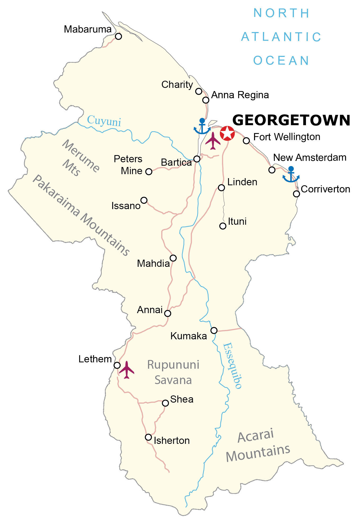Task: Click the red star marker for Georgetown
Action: (227, 133)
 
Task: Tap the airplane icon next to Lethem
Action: (127, 369)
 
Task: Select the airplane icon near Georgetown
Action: (213, 141)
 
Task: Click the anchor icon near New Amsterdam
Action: (291, 175)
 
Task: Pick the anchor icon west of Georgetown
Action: (202, 127)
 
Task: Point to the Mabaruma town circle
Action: (118, 36)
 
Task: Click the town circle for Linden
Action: (221, 188)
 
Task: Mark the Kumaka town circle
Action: (214, 330)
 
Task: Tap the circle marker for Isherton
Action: (148, 437)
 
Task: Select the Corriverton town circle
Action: (296, 194)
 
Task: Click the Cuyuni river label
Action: (104, 121)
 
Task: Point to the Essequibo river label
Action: (232, 366)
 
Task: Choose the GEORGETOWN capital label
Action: (291, 120)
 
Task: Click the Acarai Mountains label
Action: (258, 446)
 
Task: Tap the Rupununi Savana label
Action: (173, 372)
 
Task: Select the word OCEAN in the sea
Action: (281, 61)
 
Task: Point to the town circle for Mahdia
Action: (173, 258)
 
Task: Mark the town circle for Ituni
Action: (223, 226)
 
